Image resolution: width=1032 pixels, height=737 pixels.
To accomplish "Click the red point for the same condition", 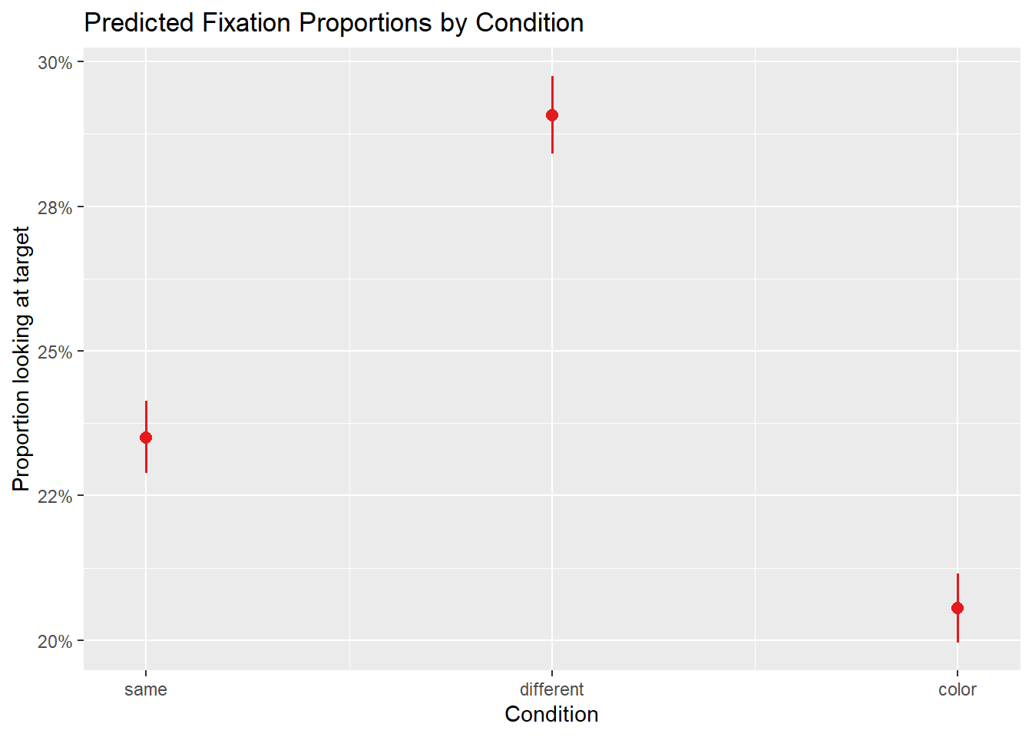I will coord(146,438).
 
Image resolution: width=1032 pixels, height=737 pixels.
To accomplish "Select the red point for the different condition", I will coord(552,115).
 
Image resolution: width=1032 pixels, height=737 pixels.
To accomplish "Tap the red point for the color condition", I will coord(958,608).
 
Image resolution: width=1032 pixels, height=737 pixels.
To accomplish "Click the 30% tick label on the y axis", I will coord(55,62).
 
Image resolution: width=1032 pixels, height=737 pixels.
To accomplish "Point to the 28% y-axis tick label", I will coord(55,207).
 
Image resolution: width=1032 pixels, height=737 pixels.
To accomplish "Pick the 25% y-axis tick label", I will coord(55,352).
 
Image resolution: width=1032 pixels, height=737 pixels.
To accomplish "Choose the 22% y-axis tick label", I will coord(55,496).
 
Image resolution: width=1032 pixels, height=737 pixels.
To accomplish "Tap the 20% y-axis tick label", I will coord(55,641).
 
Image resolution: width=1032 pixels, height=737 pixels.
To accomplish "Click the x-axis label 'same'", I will coord(146,689).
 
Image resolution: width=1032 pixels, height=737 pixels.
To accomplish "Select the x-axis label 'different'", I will coord(552,689).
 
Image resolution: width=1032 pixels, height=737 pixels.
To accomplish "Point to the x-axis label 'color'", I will coord(958,689).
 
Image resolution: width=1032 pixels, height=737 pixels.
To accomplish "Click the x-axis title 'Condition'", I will coord(551,714).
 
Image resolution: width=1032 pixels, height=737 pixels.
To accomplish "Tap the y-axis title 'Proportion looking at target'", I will coord(21,359).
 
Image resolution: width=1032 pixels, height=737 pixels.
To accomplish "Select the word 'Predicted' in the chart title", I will coord(139,23).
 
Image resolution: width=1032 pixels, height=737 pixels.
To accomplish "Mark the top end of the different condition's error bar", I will coord(552,77).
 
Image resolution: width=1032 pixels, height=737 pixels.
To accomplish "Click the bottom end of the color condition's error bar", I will coord(958,642).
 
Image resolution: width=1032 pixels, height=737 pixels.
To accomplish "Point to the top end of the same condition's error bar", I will coord(146,402).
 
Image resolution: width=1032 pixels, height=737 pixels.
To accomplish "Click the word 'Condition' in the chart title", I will coord(530,23).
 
